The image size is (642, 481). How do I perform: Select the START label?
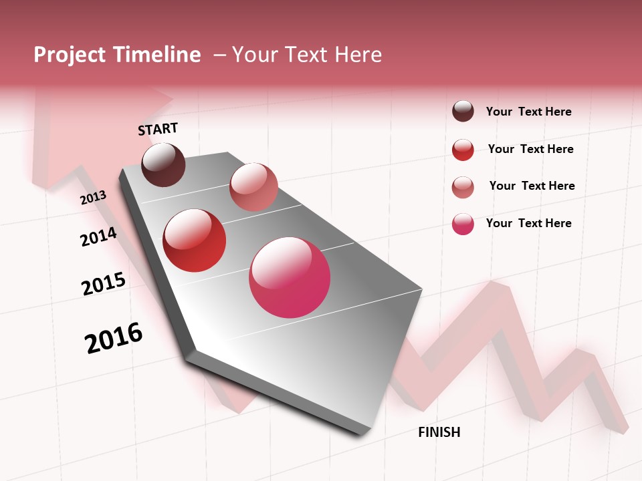pos(158,129)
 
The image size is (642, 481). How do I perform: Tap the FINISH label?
pos(439,432)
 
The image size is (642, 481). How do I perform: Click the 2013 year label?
pos(93,197)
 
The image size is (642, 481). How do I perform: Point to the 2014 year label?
pos(98,236)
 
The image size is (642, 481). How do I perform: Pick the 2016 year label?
pos(114,338)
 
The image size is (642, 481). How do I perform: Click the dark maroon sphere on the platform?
pos(163,164)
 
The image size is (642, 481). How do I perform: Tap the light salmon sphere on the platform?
pos(253,186)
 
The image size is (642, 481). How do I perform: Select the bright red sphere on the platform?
pos(195,240)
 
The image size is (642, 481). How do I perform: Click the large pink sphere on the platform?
pos(290,277)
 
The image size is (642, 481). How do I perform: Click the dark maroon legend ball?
pos(463,111)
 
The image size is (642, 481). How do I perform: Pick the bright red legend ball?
pos(463,150)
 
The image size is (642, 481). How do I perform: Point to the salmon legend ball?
pos(463,187)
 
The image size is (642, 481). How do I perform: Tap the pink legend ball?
pos(463,224)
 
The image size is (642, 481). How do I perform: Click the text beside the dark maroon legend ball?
pos(528,112)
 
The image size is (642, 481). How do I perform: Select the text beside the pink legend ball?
pos(528,223)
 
